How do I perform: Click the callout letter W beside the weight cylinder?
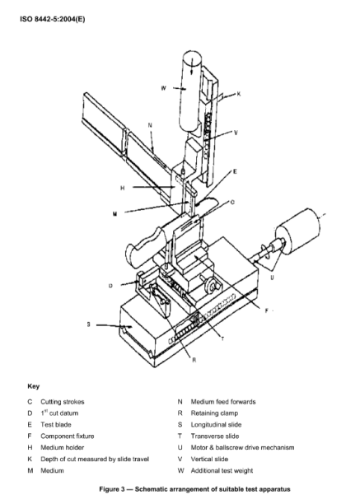(164, 88)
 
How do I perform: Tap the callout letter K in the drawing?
(239, 94)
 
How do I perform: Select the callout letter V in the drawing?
(236, 133)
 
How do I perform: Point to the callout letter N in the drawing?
(150, 125)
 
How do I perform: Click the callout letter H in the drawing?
(123, 188)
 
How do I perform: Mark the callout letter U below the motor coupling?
(272, 277)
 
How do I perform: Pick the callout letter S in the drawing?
(88, 324)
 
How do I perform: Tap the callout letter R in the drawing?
(194, 361)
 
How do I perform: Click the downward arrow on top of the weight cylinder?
(192, 66)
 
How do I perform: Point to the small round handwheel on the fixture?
(211, 286)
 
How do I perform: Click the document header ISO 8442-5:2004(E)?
(53, 19)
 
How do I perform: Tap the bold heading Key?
(34, 386)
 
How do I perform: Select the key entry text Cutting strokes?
(63, 402)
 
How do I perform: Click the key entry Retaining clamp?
(214, 413)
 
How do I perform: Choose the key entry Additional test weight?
(222, 470)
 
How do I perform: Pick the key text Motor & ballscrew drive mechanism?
(243, 447)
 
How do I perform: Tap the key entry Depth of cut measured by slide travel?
(95, 459)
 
